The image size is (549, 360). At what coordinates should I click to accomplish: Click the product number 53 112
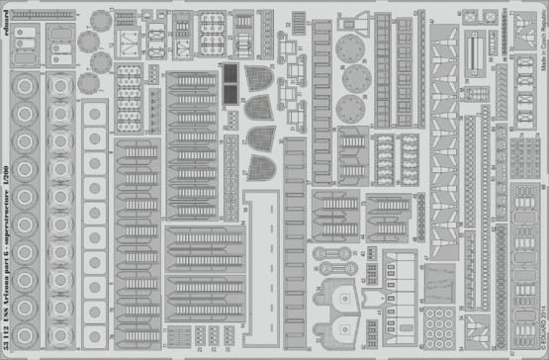pyautogui.click(x=9, y=340)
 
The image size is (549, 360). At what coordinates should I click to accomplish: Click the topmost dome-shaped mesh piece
pyautogui.click(x=259, y=107)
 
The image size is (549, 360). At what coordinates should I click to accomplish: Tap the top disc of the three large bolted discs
pyautogui.click(x=350, y=46)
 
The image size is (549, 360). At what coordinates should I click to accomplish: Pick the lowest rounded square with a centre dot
pyautogui.click(x=96, y=322)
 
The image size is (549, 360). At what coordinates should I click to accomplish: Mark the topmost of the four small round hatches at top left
pyautogui.click(x=88, y=40)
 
